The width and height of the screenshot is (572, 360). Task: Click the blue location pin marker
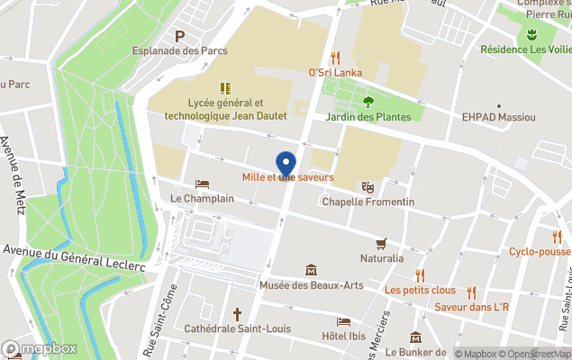coord(286,163)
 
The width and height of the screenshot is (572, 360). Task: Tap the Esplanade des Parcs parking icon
coord(180,36)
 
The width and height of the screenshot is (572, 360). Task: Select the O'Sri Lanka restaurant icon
coord(336,58)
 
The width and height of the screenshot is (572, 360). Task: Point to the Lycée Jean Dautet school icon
coord(224,88)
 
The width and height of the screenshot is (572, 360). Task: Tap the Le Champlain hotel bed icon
coord(202,184)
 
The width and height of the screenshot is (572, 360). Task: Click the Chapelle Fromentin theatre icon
coord(368,186)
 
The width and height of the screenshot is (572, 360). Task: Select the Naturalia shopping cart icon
coord(381,243)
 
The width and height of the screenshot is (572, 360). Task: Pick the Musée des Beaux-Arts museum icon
coord(311,270)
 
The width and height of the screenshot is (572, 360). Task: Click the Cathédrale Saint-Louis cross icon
coord(237,314)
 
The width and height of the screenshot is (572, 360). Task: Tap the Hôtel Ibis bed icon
coord(343,321)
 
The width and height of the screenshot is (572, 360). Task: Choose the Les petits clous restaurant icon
coord(420,275)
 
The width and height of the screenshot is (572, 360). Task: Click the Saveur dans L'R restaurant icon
coord(471,292)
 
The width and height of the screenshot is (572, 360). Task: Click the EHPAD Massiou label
coord(498,117)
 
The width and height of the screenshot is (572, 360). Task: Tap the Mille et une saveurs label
coord(287,178)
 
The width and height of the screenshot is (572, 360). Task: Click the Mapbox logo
coord(40,348)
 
